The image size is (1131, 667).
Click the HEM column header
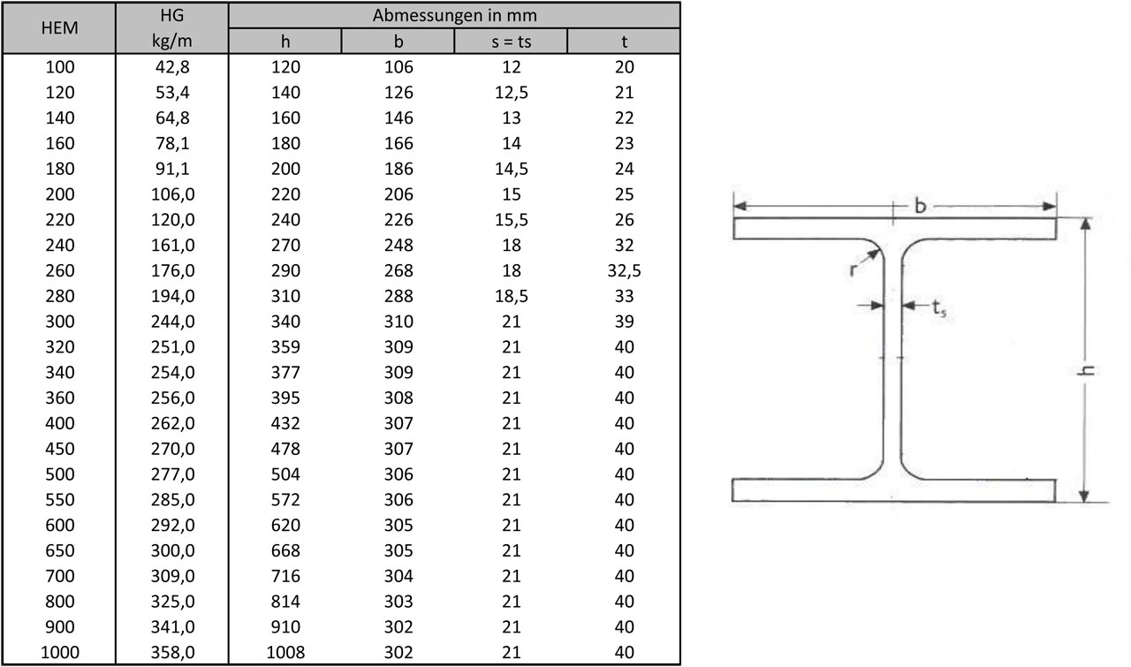(59, 27)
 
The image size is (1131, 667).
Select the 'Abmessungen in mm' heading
(454, 16)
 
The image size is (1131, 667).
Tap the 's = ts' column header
(511, 42)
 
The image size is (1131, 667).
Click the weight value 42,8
(172, 66)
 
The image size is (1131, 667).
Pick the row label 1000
(59, 652)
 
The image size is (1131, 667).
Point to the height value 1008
(285, 652)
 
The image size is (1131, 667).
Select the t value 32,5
(624, 270)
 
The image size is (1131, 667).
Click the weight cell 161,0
(172, 245)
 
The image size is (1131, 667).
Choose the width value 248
(399, 245)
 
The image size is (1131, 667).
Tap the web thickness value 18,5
(511, 296)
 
